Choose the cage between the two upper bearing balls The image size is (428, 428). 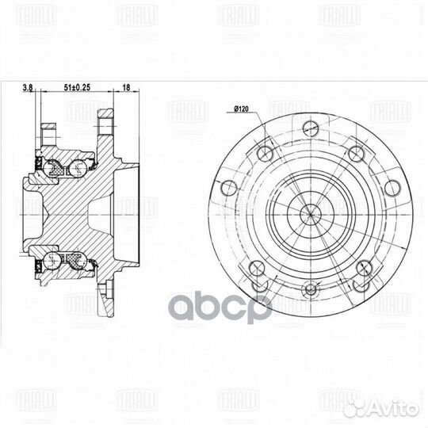tap(67, 167)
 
